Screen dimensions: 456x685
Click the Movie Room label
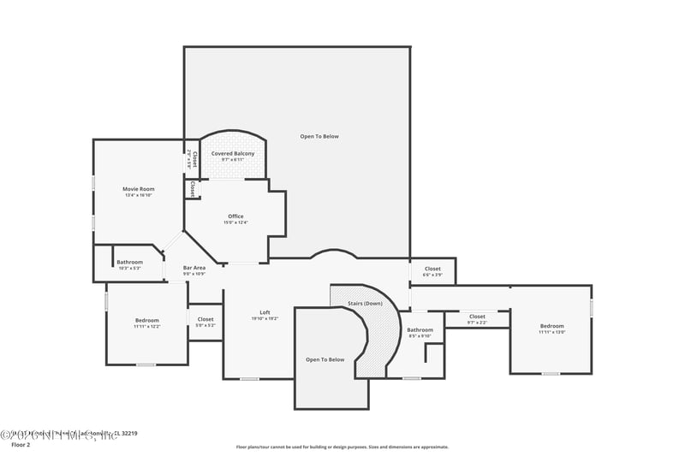(x=138, y=188)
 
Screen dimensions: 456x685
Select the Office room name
(x=235, y=216)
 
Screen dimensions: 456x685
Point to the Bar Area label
(x=194, y=268)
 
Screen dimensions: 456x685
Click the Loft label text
(x=265, y=312)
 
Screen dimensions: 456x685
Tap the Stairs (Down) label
(x=365, y=304)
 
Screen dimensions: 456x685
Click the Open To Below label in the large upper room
(x=319, y=136)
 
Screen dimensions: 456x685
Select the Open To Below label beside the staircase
(x=325, y=359)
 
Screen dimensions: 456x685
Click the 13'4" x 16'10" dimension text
(x=138, y=195)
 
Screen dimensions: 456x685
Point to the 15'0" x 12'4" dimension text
(x=235, y=223)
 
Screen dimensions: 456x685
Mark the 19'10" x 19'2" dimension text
(x=265, y=319)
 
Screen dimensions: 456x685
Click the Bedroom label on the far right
(x=551, y=326)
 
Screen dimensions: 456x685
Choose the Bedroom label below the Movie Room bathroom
(x=146, y=320)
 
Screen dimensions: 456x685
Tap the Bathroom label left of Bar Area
(x=130, y=262)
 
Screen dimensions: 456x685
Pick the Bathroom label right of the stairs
(x=420, y=329)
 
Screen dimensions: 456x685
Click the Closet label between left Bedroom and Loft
(x=205, y=319)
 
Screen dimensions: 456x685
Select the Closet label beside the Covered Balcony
(x=194, y=158)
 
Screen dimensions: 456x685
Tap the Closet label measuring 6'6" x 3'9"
(x=433, y=269)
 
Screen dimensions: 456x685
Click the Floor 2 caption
(x=20, y=446)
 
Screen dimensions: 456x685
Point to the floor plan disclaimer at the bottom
(x=342, y=447)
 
